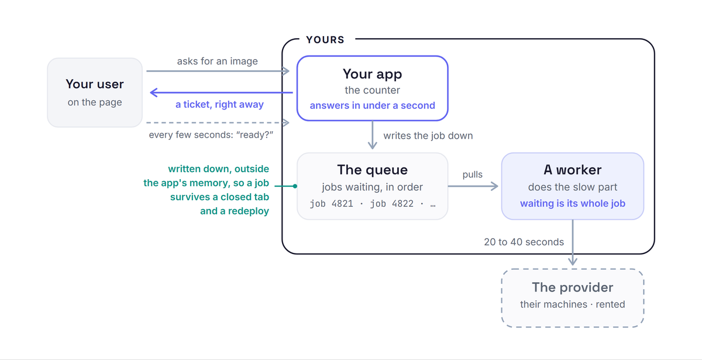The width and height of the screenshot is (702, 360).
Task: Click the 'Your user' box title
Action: [95, 84]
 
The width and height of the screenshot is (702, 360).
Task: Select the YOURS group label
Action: [325, 40]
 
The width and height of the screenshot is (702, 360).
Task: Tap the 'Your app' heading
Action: [372, 74]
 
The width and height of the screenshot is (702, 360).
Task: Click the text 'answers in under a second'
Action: [372, 105]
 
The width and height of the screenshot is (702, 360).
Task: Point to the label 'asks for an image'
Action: [217, 61]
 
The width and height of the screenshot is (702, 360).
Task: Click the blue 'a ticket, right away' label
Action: [219, 104]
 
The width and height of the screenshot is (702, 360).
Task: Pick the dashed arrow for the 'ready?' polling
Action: [218, 122]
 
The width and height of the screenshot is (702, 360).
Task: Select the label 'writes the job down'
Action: [428, 135]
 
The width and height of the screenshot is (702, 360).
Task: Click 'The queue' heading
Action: [372, 170]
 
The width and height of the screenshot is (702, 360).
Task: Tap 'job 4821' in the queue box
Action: [331, 204]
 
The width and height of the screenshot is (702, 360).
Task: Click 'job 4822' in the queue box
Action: [392, 204]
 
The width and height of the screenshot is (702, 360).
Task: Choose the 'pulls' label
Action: [472, 174]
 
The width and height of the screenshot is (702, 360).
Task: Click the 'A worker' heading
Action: [573, 170]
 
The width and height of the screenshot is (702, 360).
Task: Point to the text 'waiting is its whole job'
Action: [573, 204]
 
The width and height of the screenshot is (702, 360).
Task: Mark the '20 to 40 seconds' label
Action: [524, 242]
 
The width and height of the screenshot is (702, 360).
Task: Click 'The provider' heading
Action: [573, 287]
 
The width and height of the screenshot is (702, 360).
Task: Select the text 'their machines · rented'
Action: [573, 304]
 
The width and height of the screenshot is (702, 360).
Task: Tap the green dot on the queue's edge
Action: [295, 186]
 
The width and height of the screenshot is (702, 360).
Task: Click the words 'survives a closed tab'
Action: [219, 197]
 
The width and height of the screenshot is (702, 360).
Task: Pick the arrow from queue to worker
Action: [473, 186]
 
